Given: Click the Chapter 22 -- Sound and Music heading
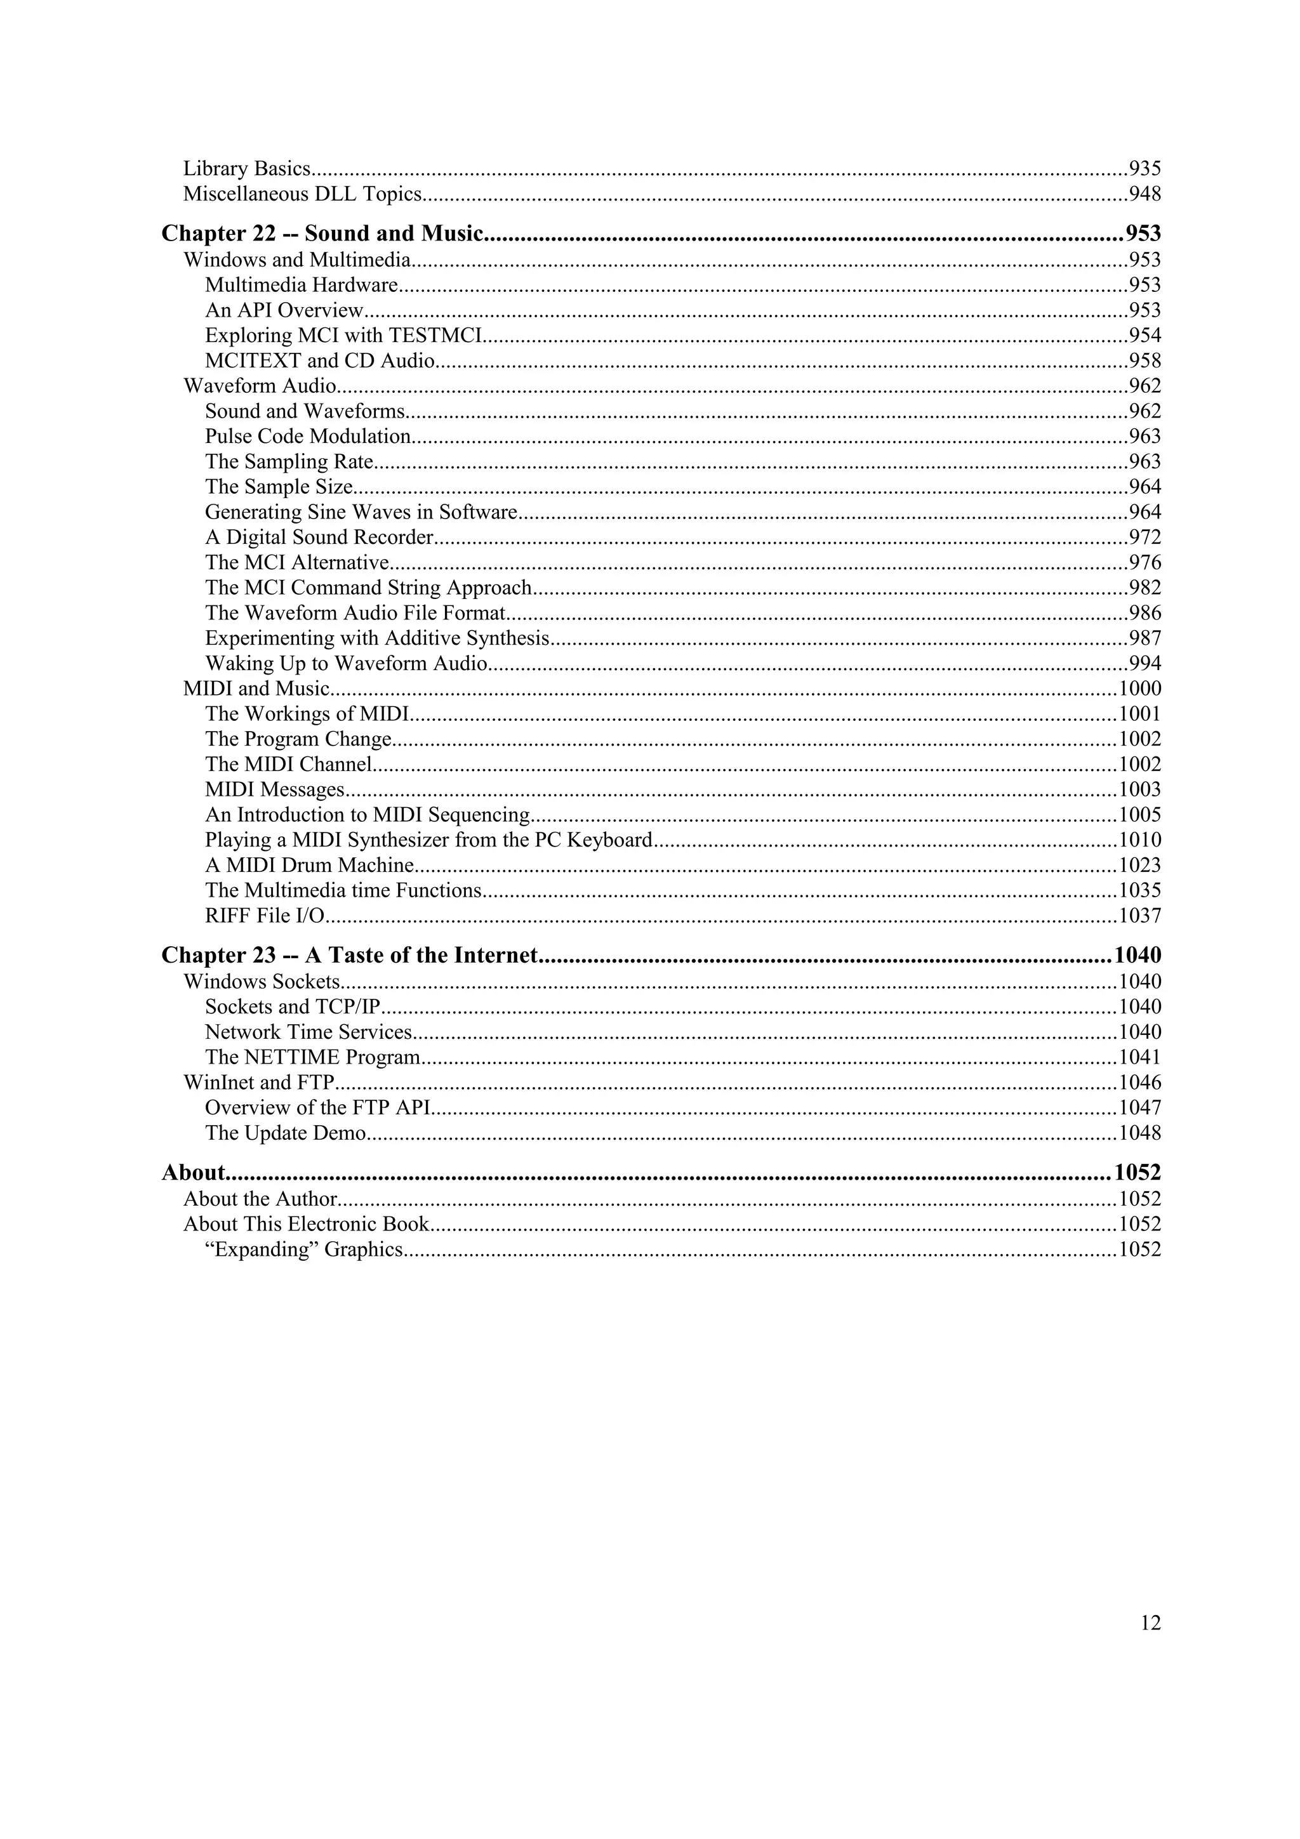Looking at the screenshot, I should point(322,234).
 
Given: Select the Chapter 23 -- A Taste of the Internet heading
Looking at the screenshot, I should point(350,956).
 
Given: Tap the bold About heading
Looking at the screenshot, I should point(193,1173).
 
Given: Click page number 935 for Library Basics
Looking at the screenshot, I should point(1144,169).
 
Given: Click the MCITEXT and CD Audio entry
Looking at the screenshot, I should point(319,361).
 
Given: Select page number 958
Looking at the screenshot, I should point(1144,361).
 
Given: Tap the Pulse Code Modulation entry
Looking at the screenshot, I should point(308,437).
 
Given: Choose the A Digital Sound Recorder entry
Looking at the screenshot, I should point(319,537).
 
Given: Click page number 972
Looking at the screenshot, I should point(1144,537).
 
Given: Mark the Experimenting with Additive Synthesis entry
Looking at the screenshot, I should point(377,638).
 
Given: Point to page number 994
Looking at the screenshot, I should point(1144,664).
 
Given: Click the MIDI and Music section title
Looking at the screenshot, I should point(256,689).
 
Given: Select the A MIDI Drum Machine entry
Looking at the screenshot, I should point(309,866).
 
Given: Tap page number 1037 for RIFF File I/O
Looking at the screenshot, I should point(1139,916).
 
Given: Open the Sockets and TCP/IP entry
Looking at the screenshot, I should point(291,1007).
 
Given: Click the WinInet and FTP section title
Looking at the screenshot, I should point(258,1083).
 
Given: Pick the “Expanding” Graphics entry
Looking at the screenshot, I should point(303,1250).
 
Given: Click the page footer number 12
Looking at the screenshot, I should point(1150,1623).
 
